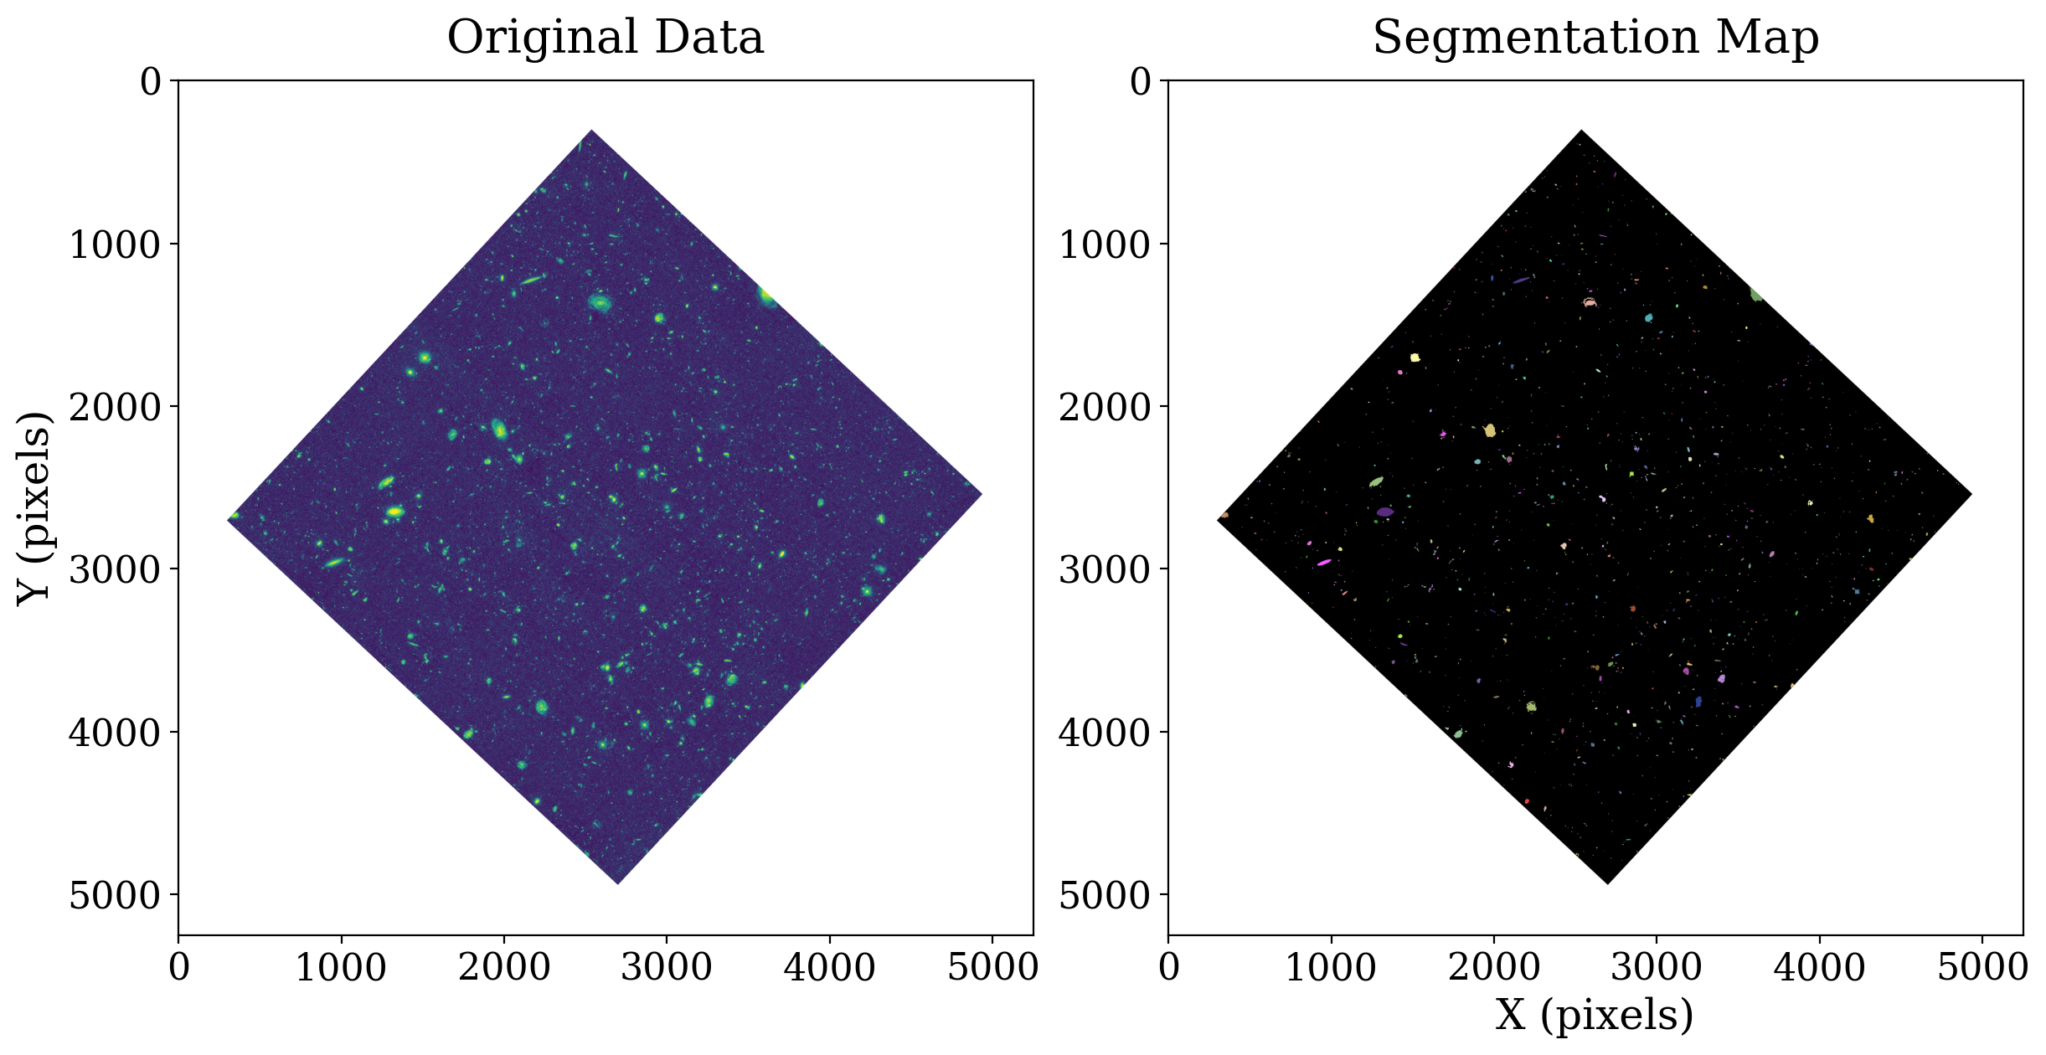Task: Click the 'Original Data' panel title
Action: pos(605,38)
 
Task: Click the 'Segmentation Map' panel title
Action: pos(1595,38)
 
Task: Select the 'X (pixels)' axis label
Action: pos(1595,1015)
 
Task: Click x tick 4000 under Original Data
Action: pos(829,968)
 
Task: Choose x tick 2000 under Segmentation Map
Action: pos(1493,968)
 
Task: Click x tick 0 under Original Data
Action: pos(178,968)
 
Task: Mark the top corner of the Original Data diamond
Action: pos(591,131)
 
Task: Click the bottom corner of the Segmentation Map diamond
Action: pos(1607,883)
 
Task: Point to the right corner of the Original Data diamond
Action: pos(981,494)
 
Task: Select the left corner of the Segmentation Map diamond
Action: pos(1218,520)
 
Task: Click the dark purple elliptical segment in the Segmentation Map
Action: pos(1385,512)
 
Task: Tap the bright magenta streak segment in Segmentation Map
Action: pos(1324,563)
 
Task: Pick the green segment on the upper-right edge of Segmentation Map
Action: pos(1756,295)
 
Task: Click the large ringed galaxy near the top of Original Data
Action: pos(600,302)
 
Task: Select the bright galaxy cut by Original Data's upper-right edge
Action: pos(765,296)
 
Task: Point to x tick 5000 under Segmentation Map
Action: pos(1982,968)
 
